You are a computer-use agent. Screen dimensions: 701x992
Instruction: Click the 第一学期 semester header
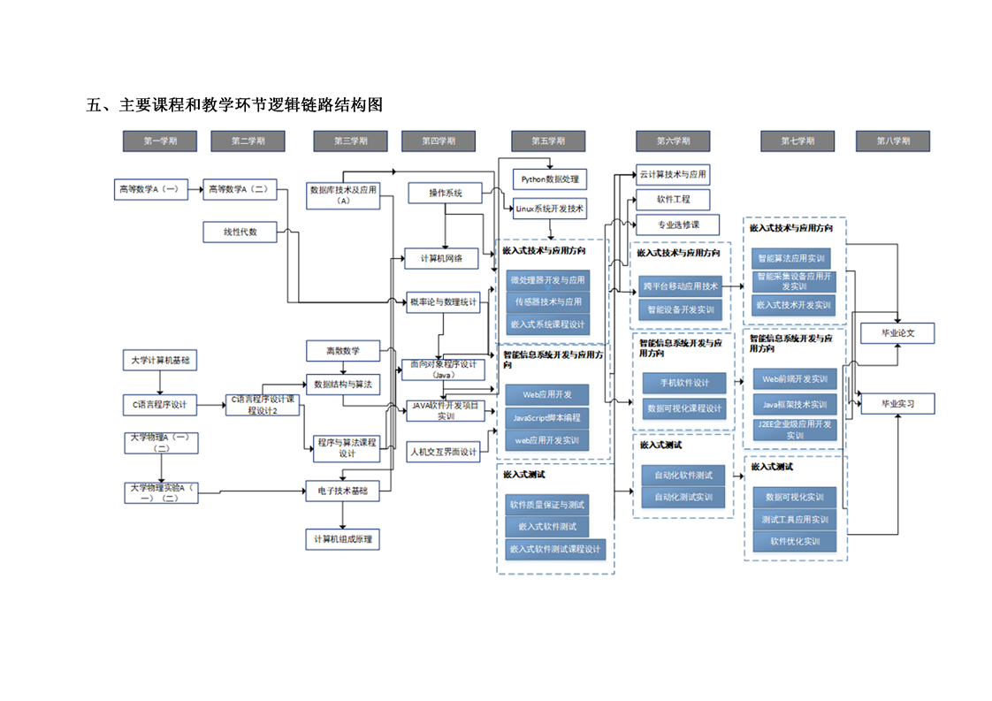click(x=160, y=141)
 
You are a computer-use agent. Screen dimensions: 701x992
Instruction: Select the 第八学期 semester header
click(x=893, y=141)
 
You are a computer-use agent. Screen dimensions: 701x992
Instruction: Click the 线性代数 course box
click(x=240, y=232)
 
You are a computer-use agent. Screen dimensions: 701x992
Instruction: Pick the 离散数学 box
click(x=342, y=351)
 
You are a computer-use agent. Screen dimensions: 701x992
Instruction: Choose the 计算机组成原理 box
click(x=343, y=538)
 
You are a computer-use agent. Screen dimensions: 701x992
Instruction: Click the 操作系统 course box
click(x=446, y=193)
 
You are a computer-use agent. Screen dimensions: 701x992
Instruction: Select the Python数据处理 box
click(x=550, y=179)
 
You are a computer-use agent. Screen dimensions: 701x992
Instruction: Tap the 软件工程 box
click(x=674, y=199)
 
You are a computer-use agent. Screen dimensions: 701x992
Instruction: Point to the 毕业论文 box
click(x=897, y=333)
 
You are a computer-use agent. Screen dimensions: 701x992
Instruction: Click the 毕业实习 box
click(x=897, y=403)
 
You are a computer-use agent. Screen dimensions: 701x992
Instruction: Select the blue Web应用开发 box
click(x=547, y=394)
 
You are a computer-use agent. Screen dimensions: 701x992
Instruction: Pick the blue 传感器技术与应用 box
click(x=547, y=301)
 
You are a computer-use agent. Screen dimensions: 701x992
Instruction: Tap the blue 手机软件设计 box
click(x=684, y=383)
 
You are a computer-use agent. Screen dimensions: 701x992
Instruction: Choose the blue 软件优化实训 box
click(x=794, y=541)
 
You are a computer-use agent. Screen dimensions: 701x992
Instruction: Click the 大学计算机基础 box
click(x=160, y=361)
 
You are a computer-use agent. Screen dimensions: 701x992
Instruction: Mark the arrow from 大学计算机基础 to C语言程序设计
click(x=160, y=382)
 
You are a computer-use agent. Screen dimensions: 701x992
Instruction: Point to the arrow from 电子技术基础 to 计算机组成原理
click(x=342, y=514)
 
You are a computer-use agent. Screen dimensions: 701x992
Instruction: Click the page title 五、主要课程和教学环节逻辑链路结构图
click(x=234, y=105)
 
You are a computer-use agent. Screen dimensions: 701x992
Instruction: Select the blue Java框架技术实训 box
click(x=794, y=404)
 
